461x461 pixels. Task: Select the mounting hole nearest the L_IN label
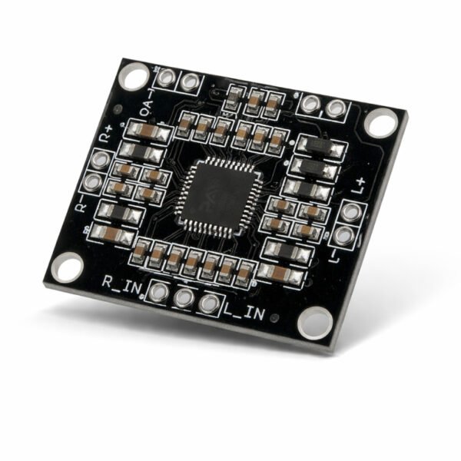tap(314, 323)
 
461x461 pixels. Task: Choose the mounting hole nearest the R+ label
tap(134, 76)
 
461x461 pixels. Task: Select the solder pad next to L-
tap(343, 236)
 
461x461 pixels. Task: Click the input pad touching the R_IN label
tap(159, 292)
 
